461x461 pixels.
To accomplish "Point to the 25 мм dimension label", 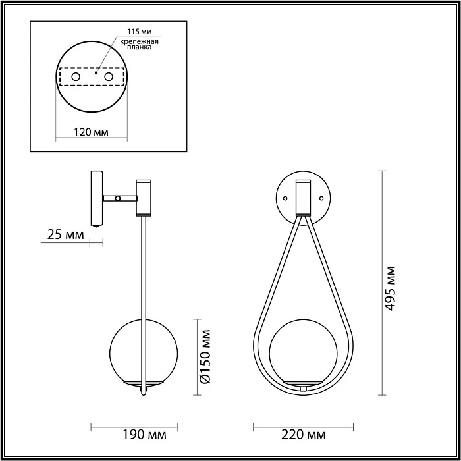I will tap(65, 233).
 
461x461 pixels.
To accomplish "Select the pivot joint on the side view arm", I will tap(117, 198).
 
